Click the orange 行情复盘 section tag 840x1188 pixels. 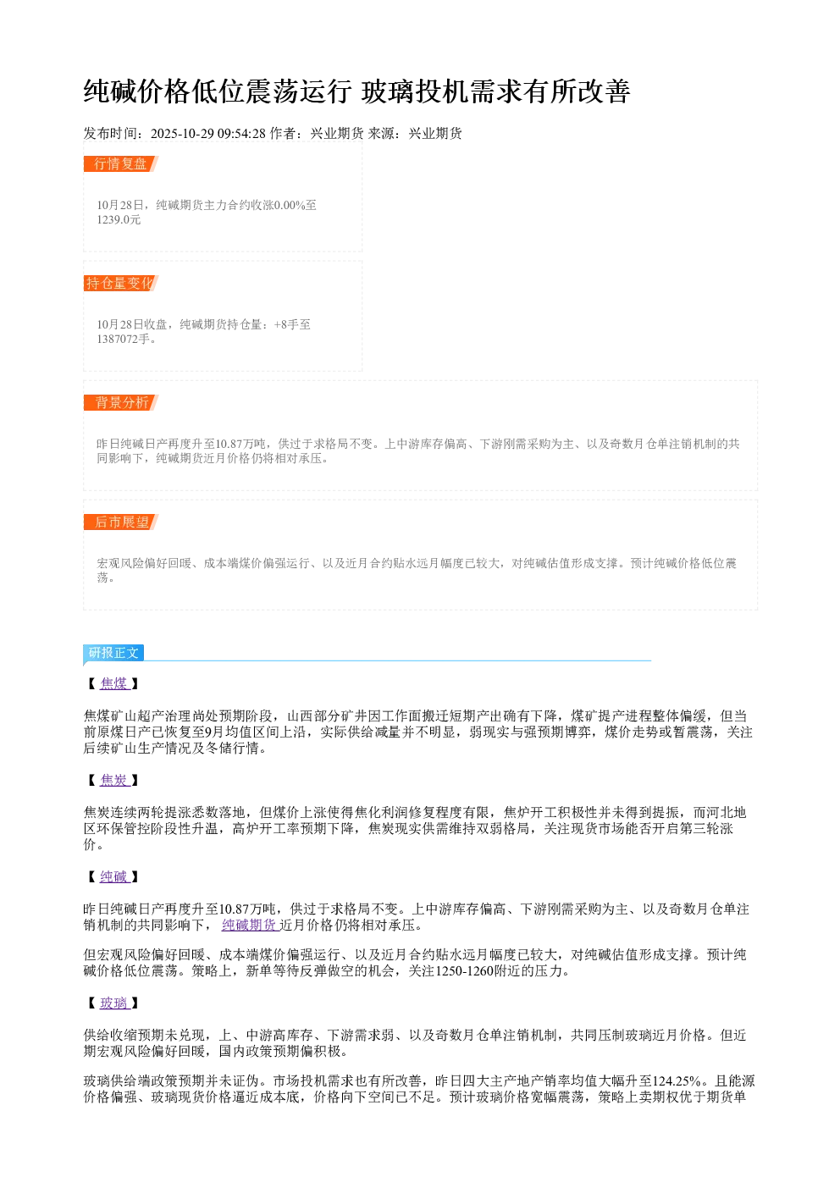click(121, 164)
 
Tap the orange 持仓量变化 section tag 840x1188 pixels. click(121, 283)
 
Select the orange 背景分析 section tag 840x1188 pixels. click(121, 402)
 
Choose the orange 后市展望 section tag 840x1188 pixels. click(121, 522)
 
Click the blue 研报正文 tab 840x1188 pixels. click(113, 653)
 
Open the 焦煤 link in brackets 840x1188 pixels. click(114, 683)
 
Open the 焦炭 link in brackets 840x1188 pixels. click(114, 780)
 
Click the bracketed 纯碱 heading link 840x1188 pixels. click(114, 876)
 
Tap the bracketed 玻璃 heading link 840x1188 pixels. click(114, 1003)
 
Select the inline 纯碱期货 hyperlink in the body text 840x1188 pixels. click(251, 926)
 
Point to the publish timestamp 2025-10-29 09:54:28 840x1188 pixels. click(207, 133)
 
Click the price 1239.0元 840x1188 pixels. click(119, 220)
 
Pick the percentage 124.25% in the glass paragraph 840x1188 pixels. click(677, 1080)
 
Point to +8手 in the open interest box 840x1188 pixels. click(286, 324)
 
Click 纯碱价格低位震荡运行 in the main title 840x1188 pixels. click(218, 91)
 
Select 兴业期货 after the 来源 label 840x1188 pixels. click(435, 133)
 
